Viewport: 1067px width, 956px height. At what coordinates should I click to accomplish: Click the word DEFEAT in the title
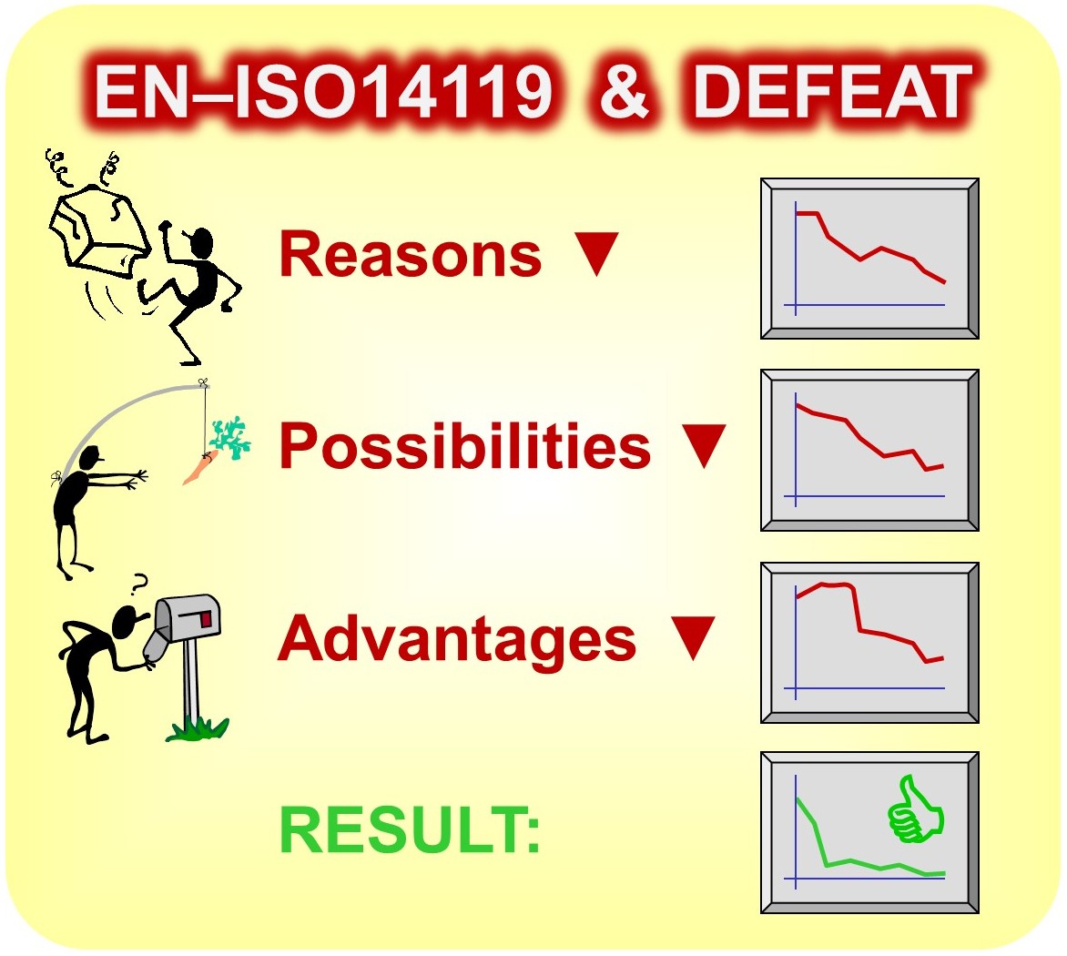pyautogui.click(x=833, y=92)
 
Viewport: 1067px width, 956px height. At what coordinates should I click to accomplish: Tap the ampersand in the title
pyautogui.click(x=625, y=92)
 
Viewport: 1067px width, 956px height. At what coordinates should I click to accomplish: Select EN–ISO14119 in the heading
pyautogui.click(x=324, y=92)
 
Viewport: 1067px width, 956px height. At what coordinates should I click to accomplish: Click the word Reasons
pyautogui.click(x=411, y=254)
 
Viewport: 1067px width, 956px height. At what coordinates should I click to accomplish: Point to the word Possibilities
pyautogui.click(x=465, y=446)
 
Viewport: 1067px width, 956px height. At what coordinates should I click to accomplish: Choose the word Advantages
pyautogui.click(x=457, y=638)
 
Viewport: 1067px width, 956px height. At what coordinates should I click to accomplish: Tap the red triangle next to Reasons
pyautogui.click(x=596, y=252)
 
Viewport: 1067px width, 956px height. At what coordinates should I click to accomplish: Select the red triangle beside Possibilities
pyautogui.click(x=704, y=445)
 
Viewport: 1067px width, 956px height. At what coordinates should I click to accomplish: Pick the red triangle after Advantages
pyautogui.click(x=693, y=637)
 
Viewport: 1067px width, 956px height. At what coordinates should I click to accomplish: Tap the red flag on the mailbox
pyautogui.click(x=206, y=618)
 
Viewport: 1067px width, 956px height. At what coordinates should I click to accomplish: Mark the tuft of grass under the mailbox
pyautogui.click(x=198, y=728)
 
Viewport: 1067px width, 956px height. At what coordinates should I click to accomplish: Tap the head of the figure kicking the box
pyautogui.click(x=200, y=244)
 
